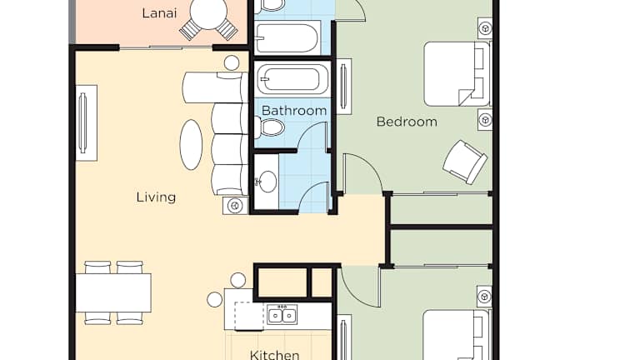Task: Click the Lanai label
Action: (x=159, y=13)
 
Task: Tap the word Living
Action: (x=157, y=197)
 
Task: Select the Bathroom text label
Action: (x=294, y=111)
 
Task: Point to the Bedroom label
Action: (x=407, y=122)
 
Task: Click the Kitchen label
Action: (x=274, y=354)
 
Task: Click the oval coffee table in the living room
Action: (x=191, y=144)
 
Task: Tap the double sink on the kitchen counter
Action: (x=282, y=315)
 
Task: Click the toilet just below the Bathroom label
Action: (x=269, y=127)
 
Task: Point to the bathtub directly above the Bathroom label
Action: (x=292, y=79)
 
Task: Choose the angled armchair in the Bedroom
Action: (x=465, y=162)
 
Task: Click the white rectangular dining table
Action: (x=113, y=292)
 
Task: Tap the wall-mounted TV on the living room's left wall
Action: (x=86, y=122)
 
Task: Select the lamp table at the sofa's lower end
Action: (x=235, y=205)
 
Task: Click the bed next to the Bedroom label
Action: (x=457, y=74)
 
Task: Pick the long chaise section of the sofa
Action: (x=215, y=87)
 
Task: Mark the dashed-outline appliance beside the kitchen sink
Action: (x=249, y=315)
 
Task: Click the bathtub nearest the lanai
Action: (x=287, y=37)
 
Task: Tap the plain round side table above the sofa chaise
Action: (x=232, y=62)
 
